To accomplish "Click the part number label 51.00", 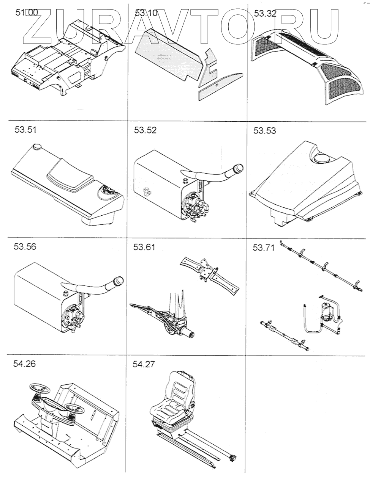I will click(26, 13).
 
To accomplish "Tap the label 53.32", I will click(265, 14).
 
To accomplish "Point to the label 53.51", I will click(25, 130).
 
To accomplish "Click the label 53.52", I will click(145, 130).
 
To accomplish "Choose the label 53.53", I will click(265, 131).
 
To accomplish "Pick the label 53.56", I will click(25, 246).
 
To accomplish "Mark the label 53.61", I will click(144, 247).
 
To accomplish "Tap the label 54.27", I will click(144, 364).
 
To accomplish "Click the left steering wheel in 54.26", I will click(39, 389).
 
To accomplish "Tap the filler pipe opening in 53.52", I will click(238, 167).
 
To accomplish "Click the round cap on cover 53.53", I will click(322, 158).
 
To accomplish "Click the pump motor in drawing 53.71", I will click(326, 310).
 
